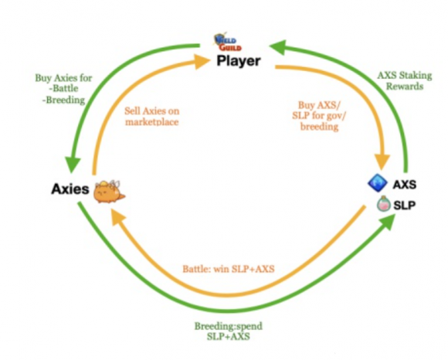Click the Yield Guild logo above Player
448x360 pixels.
[x=227, y=42]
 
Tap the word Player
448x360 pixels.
[x=239, y=61]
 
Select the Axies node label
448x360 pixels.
[x=70, y=189]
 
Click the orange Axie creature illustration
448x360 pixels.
[x=109, y=192]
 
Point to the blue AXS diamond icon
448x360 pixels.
[x=378, y=183]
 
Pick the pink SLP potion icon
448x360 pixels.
[x=383, y=204]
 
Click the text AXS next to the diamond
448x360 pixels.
[x=405, y=185]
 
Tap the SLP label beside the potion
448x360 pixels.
[x=404, y=205]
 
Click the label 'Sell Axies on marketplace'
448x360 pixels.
[x=151, y=117]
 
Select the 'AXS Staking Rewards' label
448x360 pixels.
[x=405, y=81]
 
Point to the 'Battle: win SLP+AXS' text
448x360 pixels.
[x=229, y=269]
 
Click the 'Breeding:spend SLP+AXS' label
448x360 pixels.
[x=229, y=331]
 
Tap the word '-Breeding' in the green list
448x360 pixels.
[x=63, y=100]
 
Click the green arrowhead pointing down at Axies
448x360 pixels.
[x=73, y=164]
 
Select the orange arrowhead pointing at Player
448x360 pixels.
[x=202, y=61]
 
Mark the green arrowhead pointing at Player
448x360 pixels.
[x=278, y=47]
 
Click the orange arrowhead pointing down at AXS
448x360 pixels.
[x=382, y=162]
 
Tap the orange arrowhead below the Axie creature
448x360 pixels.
[x=118, y=217]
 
